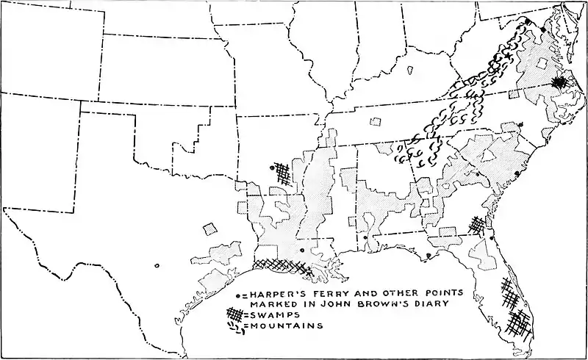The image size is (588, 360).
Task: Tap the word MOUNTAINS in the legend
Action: [x=283, y=326]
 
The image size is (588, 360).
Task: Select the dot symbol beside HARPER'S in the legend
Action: [x=237, y=297]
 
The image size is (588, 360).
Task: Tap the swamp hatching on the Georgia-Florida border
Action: [x=478, y=224]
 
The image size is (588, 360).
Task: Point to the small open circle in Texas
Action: [x=157, y=266]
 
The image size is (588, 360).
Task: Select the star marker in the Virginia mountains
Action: [x=508, y=57]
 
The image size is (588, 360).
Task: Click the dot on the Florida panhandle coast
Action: [x=428, y=256]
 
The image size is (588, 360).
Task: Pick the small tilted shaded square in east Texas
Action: [x=211, y=228]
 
